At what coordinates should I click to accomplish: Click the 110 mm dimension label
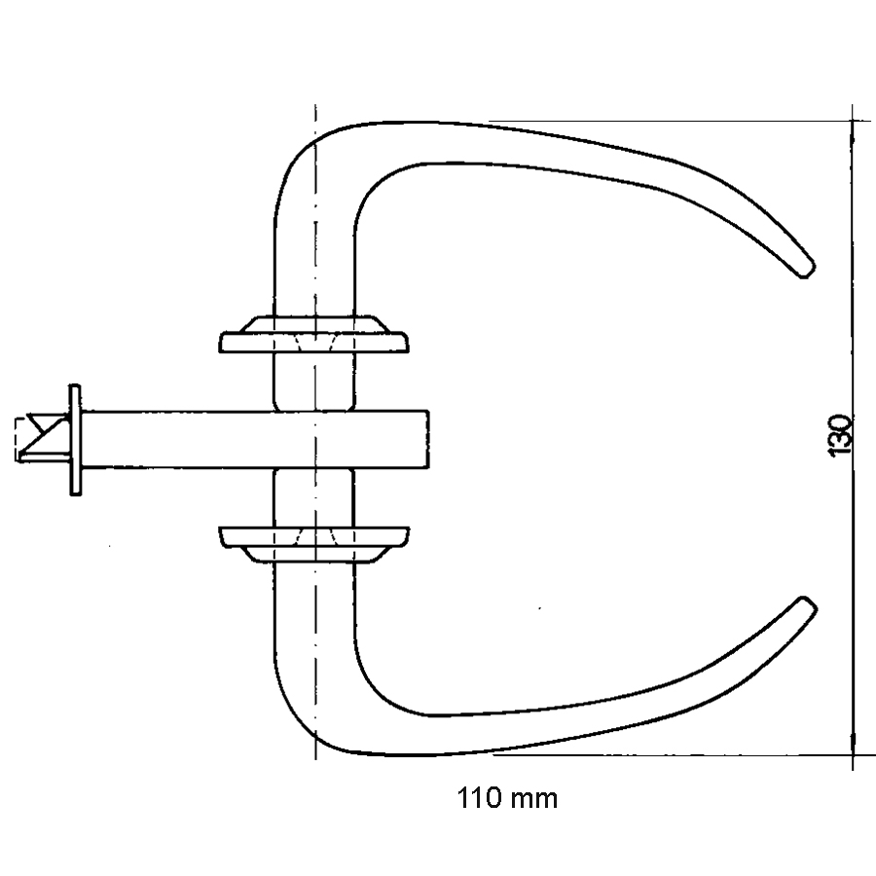(x=507, y=798)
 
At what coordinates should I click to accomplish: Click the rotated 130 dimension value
(x=840, y=435)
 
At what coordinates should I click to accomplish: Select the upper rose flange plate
(x=313, y=343)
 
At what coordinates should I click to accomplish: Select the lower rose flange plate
(x=313, y=536)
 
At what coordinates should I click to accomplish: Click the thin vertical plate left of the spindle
(x=75, y=440)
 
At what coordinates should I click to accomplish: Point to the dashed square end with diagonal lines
(x=43, y=438)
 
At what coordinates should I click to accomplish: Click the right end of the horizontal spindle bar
(x=428, y=439)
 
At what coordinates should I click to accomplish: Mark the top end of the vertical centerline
(x=315, y=105)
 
